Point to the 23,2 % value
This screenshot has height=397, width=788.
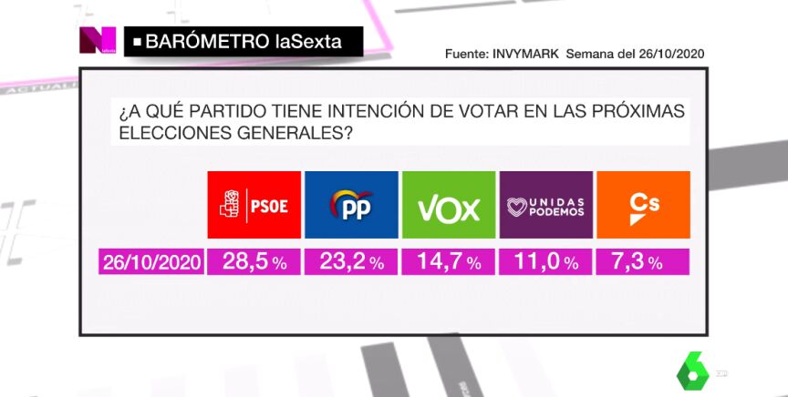(x=351, y=262)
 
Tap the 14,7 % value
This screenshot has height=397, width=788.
(x=448, y=262)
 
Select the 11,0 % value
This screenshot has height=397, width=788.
(x=546, y=262)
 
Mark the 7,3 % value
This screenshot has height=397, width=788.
(x=643, y=262)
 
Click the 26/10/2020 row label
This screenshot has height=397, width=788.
(x=150, y=262)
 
